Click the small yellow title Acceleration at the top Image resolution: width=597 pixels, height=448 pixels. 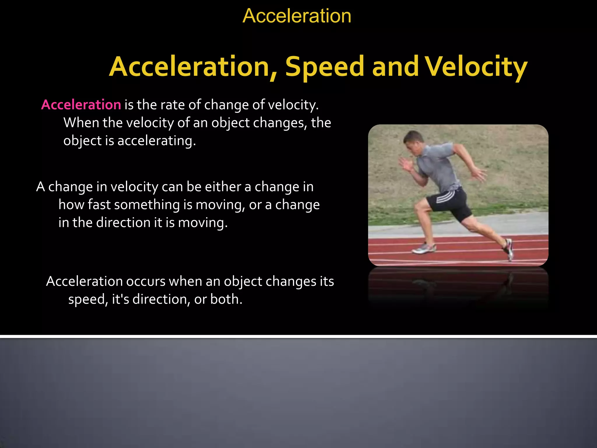[x=297, y=16]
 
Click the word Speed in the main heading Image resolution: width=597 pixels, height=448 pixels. [x=324, y=67]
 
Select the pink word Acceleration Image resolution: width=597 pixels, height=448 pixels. [x=81, y=105]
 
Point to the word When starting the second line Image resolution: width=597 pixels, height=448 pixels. [x=81, y=123]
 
